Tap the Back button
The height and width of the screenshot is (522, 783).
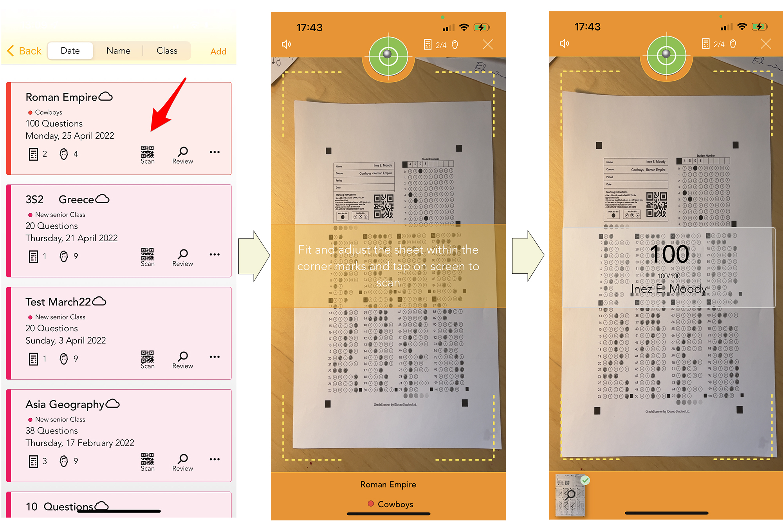24,51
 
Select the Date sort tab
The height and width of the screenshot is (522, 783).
70,51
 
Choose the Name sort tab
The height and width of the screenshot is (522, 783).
118,51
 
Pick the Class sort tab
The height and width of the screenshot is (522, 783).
167,51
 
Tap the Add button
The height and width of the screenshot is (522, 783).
218,52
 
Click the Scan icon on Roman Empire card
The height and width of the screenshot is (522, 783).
148,154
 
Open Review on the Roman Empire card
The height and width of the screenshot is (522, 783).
182,154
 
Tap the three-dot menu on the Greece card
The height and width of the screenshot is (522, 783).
215,255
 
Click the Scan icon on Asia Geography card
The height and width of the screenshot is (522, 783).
148,462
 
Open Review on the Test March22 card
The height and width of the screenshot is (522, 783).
182,359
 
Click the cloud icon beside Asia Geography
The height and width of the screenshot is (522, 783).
113,404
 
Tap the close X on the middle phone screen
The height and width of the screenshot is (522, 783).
488,45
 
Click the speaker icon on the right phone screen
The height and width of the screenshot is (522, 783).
565,43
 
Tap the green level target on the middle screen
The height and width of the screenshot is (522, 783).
388,56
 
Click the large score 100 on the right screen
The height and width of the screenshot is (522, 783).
669,254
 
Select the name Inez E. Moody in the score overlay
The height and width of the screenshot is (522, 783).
669,289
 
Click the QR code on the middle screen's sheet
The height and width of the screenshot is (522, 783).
383,206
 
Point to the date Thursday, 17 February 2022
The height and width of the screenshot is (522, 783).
80,443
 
